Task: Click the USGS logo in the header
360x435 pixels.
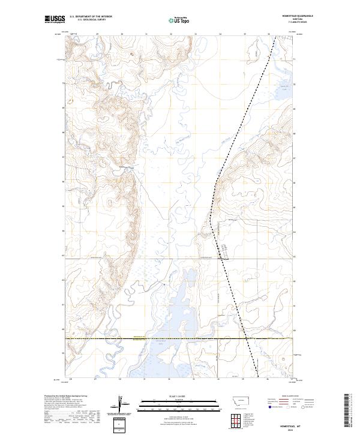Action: [55, 19]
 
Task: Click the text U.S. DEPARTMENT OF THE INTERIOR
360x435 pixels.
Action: [91, 17]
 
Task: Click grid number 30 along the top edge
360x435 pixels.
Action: [122, 34]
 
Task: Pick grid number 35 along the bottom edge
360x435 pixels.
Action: [243, 379]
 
